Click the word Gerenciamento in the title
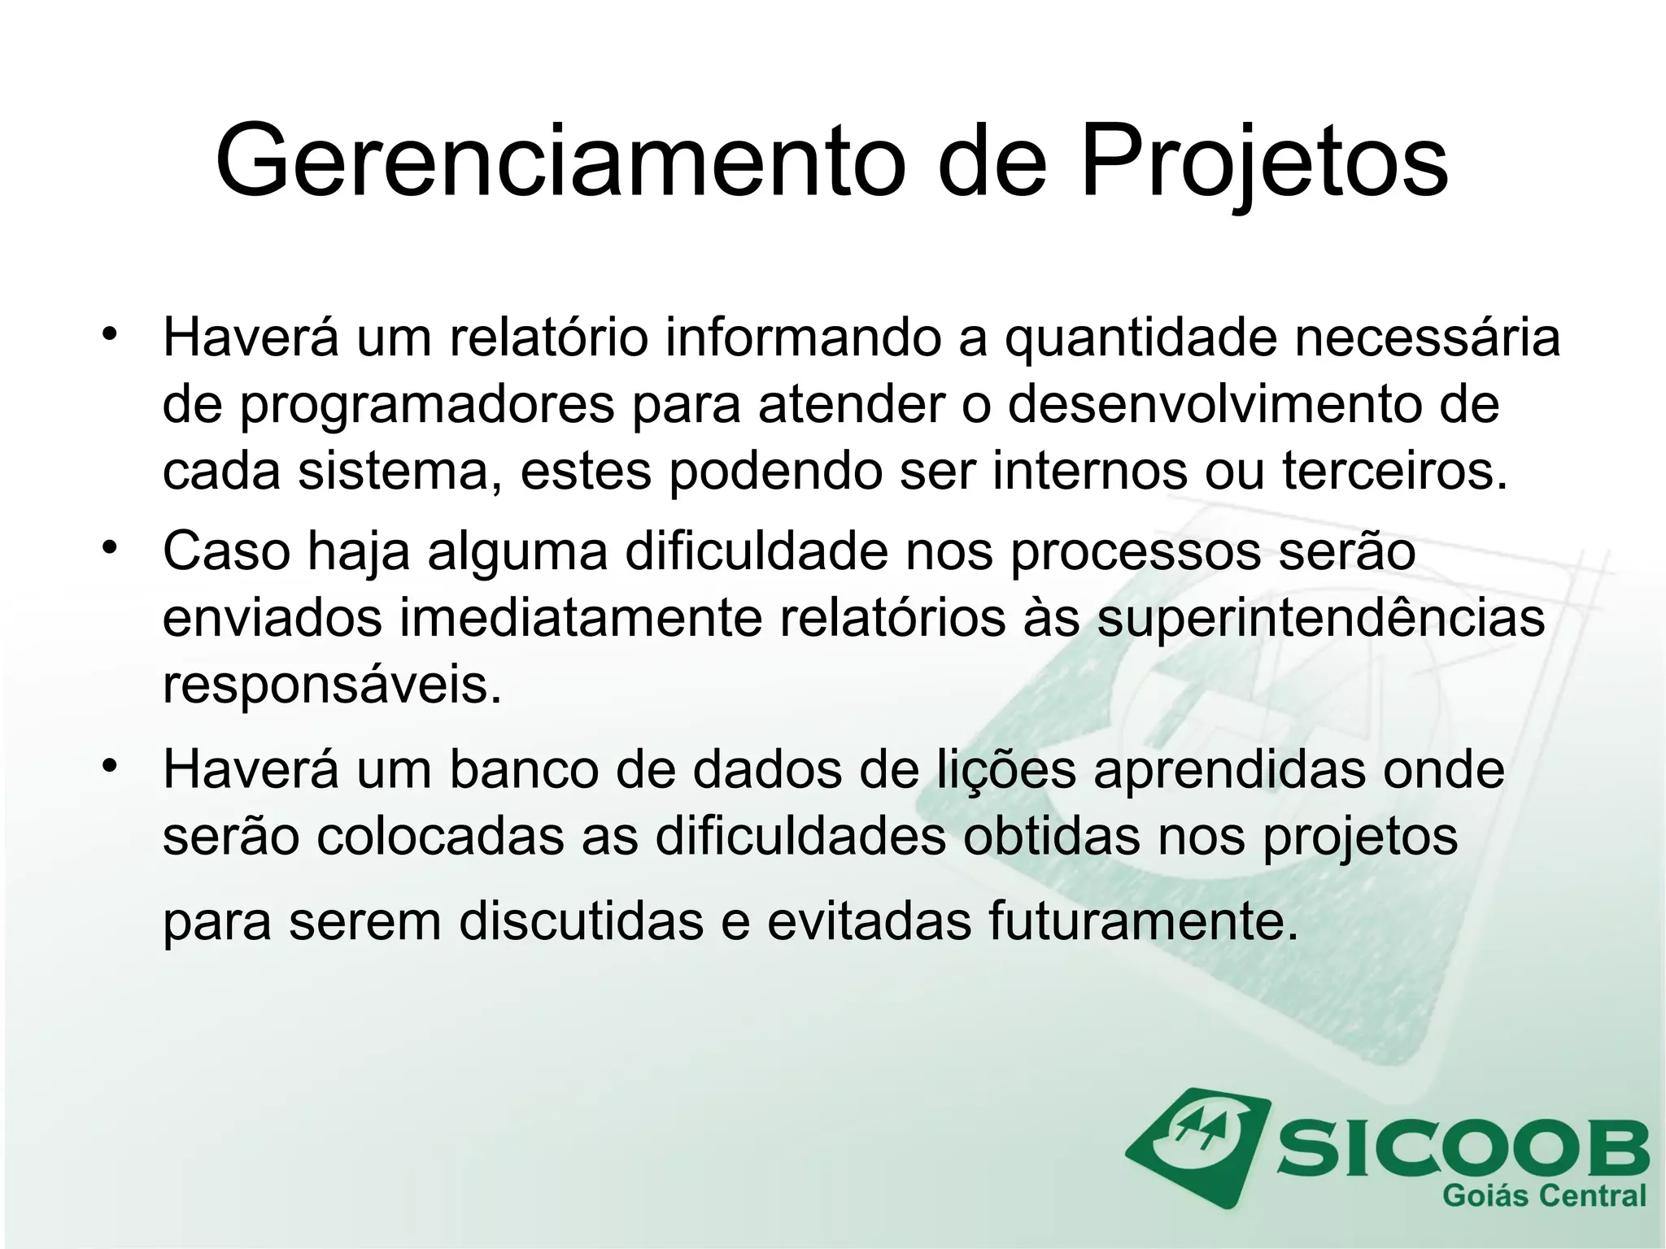click(x=560, y=160)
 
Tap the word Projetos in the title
click(x=1263, y=160)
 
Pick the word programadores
click(x=427, y=404)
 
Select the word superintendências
click(x=1319, y=618)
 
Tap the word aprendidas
click(x=1229, y=770)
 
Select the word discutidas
click(x=581, y=922)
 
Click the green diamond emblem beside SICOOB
click(x=1197, y=1145)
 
